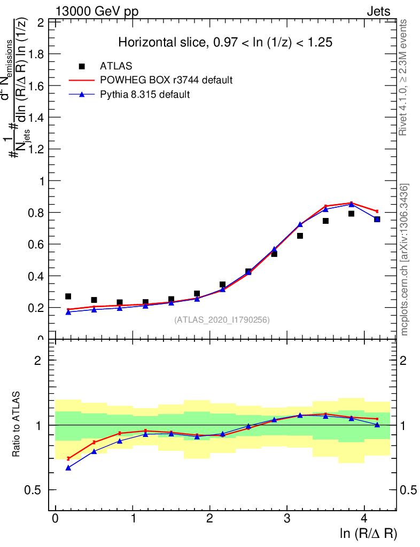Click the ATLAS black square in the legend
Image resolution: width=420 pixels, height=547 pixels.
[x=82, y=66]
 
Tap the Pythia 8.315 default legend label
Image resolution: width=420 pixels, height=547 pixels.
[x=145, y=95]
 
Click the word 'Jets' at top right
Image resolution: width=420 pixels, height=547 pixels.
[x=378, y=12]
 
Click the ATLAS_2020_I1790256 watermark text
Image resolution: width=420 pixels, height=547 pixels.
[x=222, y=320]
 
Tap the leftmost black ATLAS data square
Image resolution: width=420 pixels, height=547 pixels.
[x=68, y=296]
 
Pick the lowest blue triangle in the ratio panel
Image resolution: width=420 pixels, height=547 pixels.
[x=68, y=467]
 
